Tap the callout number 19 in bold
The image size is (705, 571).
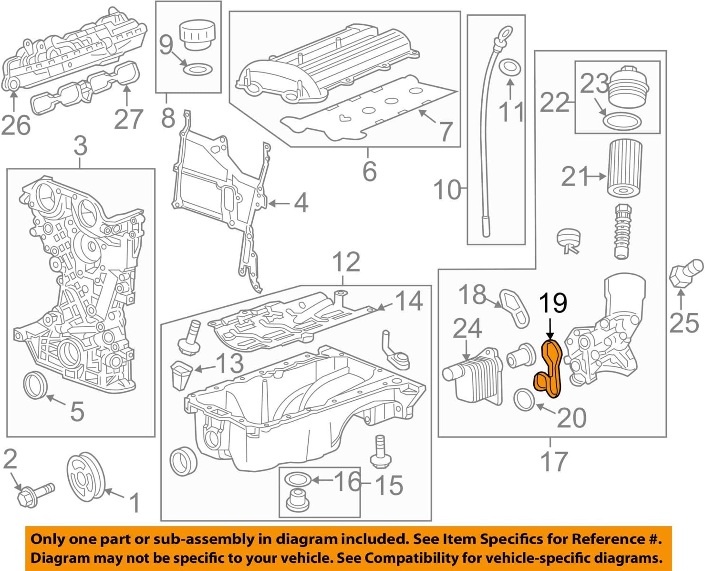tap(553, 303)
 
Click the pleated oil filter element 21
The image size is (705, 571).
tap(624, 167)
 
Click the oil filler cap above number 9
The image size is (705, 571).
tap(193, 35)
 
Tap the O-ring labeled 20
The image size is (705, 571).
tap(525, 399)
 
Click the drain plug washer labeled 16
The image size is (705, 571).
tap(297, 479)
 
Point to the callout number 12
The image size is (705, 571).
tap(346, 262)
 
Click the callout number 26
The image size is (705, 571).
tap(16, 125)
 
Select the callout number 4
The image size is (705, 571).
tap(301, 203)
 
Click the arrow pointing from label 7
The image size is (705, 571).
tap(427, 116)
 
